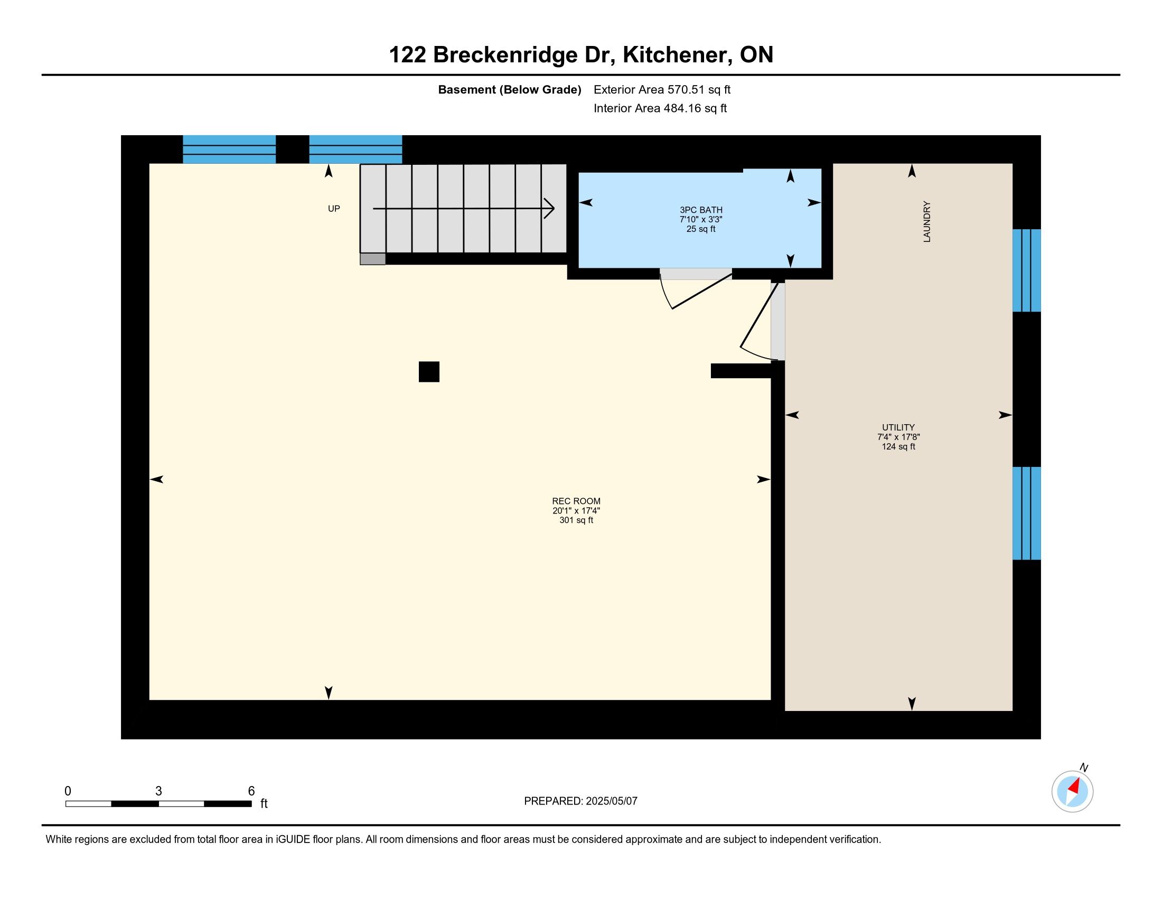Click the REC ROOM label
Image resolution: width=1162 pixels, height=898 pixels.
(x=576, y=501)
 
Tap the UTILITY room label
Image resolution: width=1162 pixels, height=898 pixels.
(x=898, y=427)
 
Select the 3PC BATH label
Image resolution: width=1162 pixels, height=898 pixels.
(x=701, y=210)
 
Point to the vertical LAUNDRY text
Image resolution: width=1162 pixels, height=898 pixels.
(x=927, y=222)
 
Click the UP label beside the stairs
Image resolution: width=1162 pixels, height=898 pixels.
(x=334, y=209)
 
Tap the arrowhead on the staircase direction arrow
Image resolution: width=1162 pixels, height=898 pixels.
(x=550, y=208)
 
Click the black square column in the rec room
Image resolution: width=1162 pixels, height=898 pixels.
(x=429, y=372)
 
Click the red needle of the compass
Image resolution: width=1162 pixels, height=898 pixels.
(x=1074, y=787)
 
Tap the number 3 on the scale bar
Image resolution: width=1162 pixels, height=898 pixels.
(x=158, y=791)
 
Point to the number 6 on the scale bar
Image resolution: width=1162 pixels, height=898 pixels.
(x=251, y=791)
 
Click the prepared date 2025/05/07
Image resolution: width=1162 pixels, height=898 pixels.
(x=611, y=801)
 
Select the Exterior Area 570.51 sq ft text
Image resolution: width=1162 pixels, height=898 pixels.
(x=662, y=90)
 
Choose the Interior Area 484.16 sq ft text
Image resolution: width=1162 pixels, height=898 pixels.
(x=660, y=108)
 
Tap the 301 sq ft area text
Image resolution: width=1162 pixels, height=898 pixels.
(x=576, y=520)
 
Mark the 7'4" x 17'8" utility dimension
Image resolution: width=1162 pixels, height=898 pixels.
(x=898, y=437)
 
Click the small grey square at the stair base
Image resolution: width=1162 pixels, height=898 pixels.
(x=372, y=259)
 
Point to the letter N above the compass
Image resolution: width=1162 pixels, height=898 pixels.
(x=1084, y=768)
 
